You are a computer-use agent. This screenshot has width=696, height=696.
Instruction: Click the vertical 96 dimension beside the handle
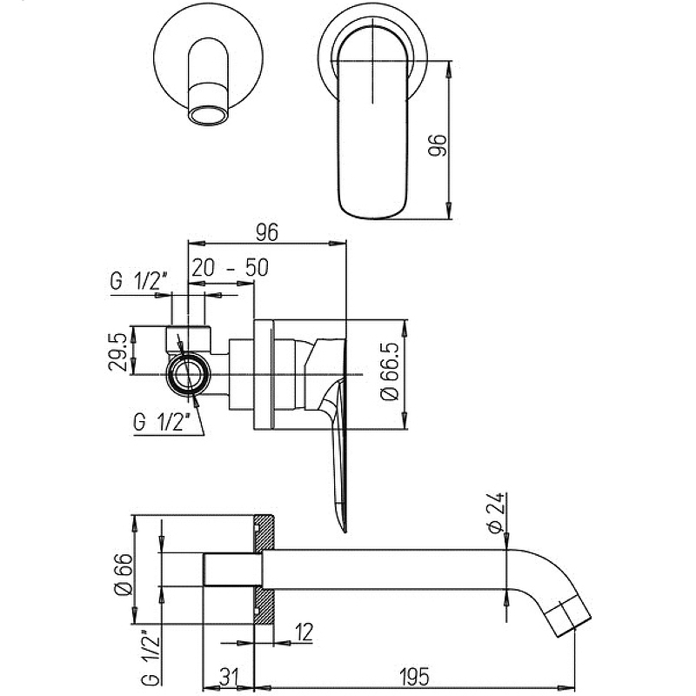437,144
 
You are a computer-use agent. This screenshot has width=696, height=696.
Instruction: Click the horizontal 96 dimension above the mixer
267,232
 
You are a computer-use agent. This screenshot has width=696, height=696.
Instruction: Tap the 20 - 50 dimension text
230,268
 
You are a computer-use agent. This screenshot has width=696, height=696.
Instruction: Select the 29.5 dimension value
117,353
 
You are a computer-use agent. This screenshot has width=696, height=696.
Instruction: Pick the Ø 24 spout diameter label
494,512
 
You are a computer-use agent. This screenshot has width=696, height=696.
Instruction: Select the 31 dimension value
229,677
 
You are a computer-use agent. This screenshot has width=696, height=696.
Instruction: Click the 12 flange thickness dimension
304,632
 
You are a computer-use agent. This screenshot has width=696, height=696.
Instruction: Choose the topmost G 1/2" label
138,280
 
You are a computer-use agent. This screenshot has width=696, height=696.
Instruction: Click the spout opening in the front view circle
209,115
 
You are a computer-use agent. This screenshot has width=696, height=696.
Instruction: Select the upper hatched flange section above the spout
265,533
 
